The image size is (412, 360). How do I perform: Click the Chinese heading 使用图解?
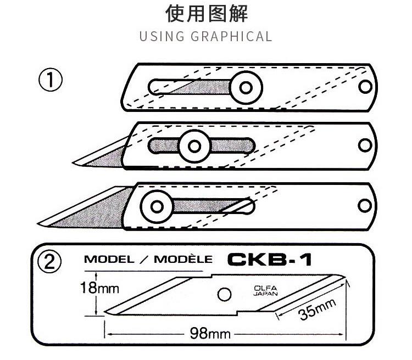(205, 14)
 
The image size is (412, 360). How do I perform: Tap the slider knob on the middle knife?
(194, 145)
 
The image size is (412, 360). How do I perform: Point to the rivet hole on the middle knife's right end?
(364, 145)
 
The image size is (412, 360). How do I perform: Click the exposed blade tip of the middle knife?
(102, 156)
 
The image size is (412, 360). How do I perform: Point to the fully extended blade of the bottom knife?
(88, 211)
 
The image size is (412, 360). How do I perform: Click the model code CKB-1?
(269, 259)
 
